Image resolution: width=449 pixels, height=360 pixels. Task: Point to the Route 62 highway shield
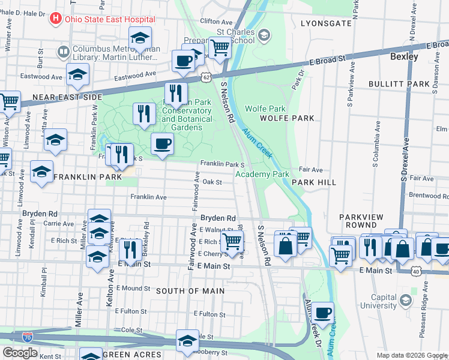(206, 77)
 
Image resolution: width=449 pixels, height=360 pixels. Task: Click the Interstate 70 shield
(27, 337)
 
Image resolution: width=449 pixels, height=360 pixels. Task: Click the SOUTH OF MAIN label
(190, 291)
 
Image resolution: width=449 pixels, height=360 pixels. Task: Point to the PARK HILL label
(313, 181)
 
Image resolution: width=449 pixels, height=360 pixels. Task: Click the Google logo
(20, 353)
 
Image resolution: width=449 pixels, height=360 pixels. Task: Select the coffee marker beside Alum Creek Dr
(322, 312)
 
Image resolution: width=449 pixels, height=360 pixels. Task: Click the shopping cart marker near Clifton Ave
(220, 47)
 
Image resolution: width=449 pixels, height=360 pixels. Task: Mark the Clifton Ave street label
(216, 21)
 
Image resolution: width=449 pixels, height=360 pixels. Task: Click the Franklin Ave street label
(148, 197)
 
